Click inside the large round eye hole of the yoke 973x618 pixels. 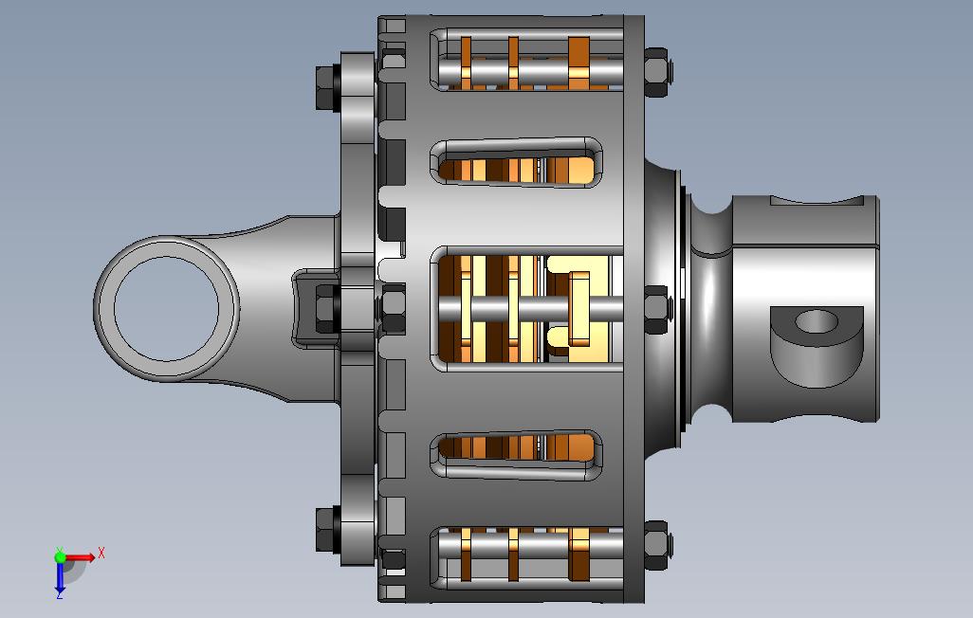(x=166, y=308)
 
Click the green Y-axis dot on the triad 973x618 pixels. (x=60, y=556)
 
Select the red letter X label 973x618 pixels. (x=101, y=553)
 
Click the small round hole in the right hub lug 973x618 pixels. (x=816, y=321)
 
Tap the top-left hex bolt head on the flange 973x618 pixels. (x=327, y=87)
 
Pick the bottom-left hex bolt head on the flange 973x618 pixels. (x=327, y=529)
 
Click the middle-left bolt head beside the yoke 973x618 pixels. (x=327, y=308)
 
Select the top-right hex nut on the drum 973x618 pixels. (x=656, y=72)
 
